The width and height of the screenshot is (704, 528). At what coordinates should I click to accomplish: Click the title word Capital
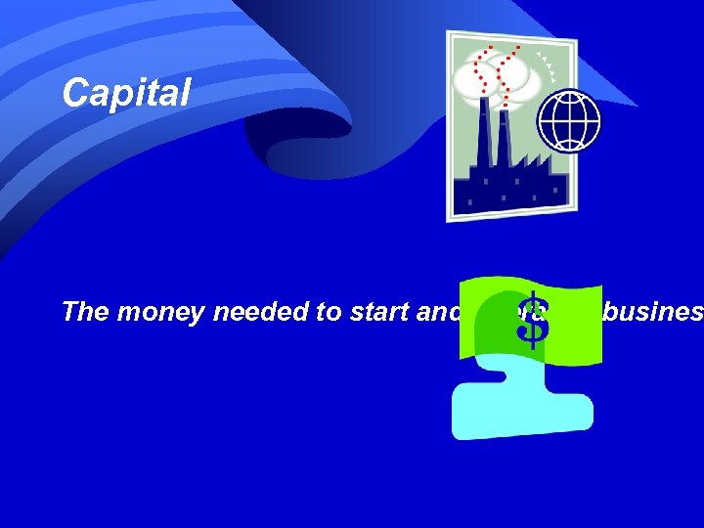[x=125, y=94]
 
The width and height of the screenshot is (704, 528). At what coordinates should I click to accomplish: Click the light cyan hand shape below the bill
[x=518, y=401]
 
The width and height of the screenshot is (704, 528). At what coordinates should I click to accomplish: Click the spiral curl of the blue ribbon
[x=293, y=147]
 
